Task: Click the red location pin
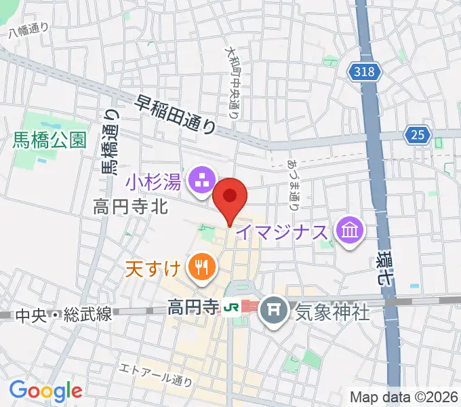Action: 230,198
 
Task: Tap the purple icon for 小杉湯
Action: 201,180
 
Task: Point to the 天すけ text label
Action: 154,267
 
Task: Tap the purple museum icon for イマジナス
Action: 350,232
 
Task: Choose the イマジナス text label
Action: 284,233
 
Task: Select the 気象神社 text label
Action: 332,312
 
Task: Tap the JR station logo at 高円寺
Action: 230,307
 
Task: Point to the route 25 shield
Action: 419,135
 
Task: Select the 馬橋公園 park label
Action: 49,140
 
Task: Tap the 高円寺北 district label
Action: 130,208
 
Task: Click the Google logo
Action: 45,391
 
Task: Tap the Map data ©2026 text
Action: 404,396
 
